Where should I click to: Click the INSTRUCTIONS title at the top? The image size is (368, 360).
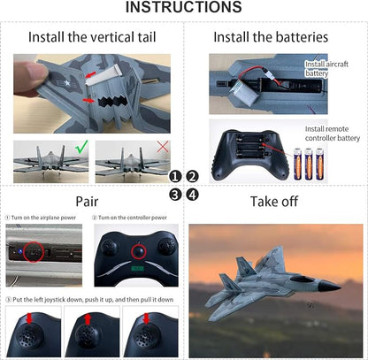(x=183, y=8)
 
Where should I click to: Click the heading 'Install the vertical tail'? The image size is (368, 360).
(x=92, y=37)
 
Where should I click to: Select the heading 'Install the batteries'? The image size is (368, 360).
(x=271, y=37)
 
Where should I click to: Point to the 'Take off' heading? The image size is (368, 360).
(x=274, y=201)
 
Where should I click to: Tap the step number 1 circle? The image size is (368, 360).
(x=175, y=176)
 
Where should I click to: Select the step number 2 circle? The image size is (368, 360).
(x=193, y=176)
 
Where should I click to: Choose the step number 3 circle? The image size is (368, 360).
(x=175, y=194)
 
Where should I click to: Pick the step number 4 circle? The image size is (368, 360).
(x=193, y=194)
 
